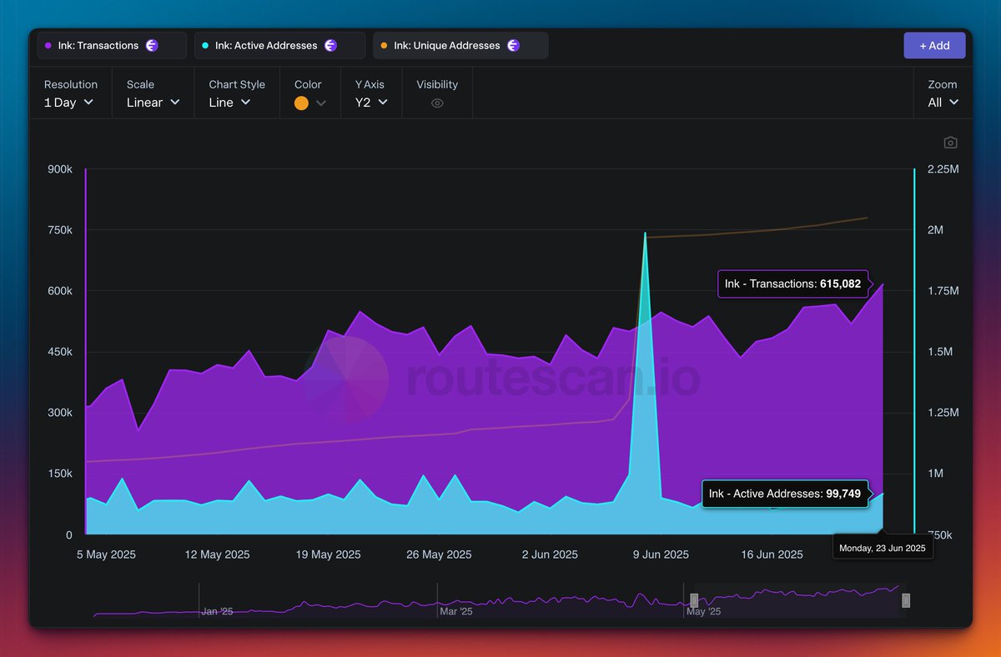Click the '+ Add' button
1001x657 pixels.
pos(934,46)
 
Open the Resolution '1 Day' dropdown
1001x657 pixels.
pos(69,103)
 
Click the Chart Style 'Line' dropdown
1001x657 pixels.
pos(229,103)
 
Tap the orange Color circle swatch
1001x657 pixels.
pos(302,103)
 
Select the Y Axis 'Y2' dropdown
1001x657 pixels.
pos(371,103)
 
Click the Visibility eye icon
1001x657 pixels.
pos(437,103)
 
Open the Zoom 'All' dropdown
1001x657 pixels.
pos(943,103)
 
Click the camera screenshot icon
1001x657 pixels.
pos(950,143)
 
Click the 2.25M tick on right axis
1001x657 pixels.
pos(943,169)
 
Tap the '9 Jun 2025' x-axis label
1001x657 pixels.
pos(661,554)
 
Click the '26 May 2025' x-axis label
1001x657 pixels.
pos(438,554)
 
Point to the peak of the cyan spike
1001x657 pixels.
pos(645,234)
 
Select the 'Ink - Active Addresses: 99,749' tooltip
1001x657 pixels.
pos(784,494)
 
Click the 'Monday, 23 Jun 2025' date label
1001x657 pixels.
pos(883,548)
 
